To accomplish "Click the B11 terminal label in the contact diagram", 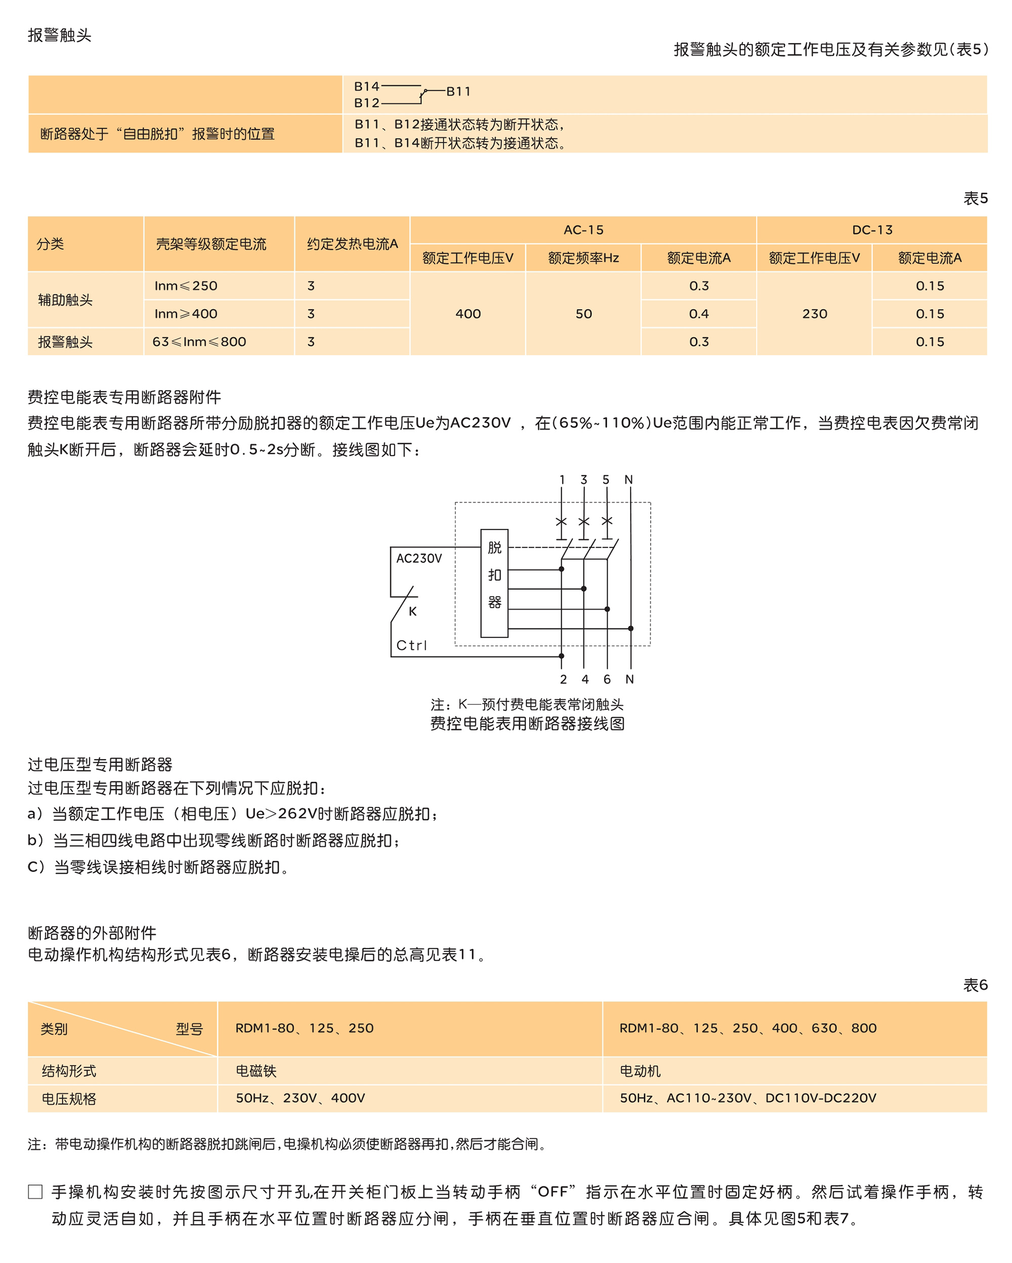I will coord(458,92).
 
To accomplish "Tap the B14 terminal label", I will coord(366,86).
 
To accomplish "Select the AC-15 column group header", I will coord(583,230).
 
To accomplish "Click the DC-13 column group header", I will coord(871,230).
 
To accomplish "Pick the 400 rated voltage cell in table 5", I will coord(468,314).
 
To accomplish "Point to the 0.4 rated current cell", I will coord(698,314).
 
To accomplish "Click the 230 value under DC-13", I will coord(814,314).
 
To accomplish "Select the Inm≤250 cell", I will coord(186,286).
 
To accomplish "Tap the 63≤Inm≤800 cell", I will coord(199,341).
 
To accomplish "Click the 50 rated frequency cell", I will coord(583,314).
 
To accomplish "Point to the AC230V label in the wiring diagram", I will coord(419,558).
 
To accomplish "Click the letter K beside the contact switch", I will coord(412,611).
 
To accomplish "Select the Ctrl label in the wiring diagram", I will coord(411,645).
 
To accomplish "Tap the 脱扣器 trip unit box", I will coord(494,583).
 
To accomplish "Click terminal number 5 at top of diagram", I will coord(606,480).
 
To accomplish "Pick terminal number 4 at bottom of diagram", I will coord(585,679).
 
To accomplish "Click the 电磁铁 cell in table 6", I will coord(256,1071).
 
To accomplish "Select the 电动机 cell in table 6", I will coord(640,1071).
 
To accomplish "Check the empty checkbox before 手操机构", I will coord(35,1192).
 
